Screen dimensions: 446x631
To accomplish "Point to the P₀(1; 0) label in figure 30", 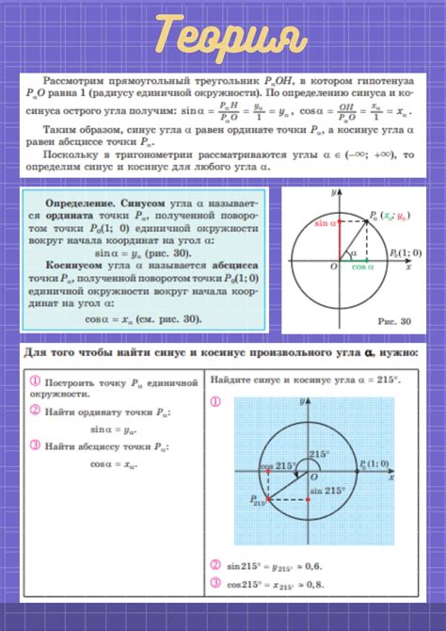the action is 405,253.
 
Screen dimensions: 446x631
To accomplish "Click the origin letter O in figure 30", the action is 333,267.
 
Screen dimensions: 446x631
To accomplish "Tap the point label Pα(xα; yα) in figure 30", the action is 393,215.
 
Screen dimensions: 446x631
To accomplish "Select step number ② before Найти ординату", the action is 34,411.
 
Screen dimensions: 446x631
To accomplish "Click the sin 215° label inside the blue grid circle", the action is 328,492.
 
